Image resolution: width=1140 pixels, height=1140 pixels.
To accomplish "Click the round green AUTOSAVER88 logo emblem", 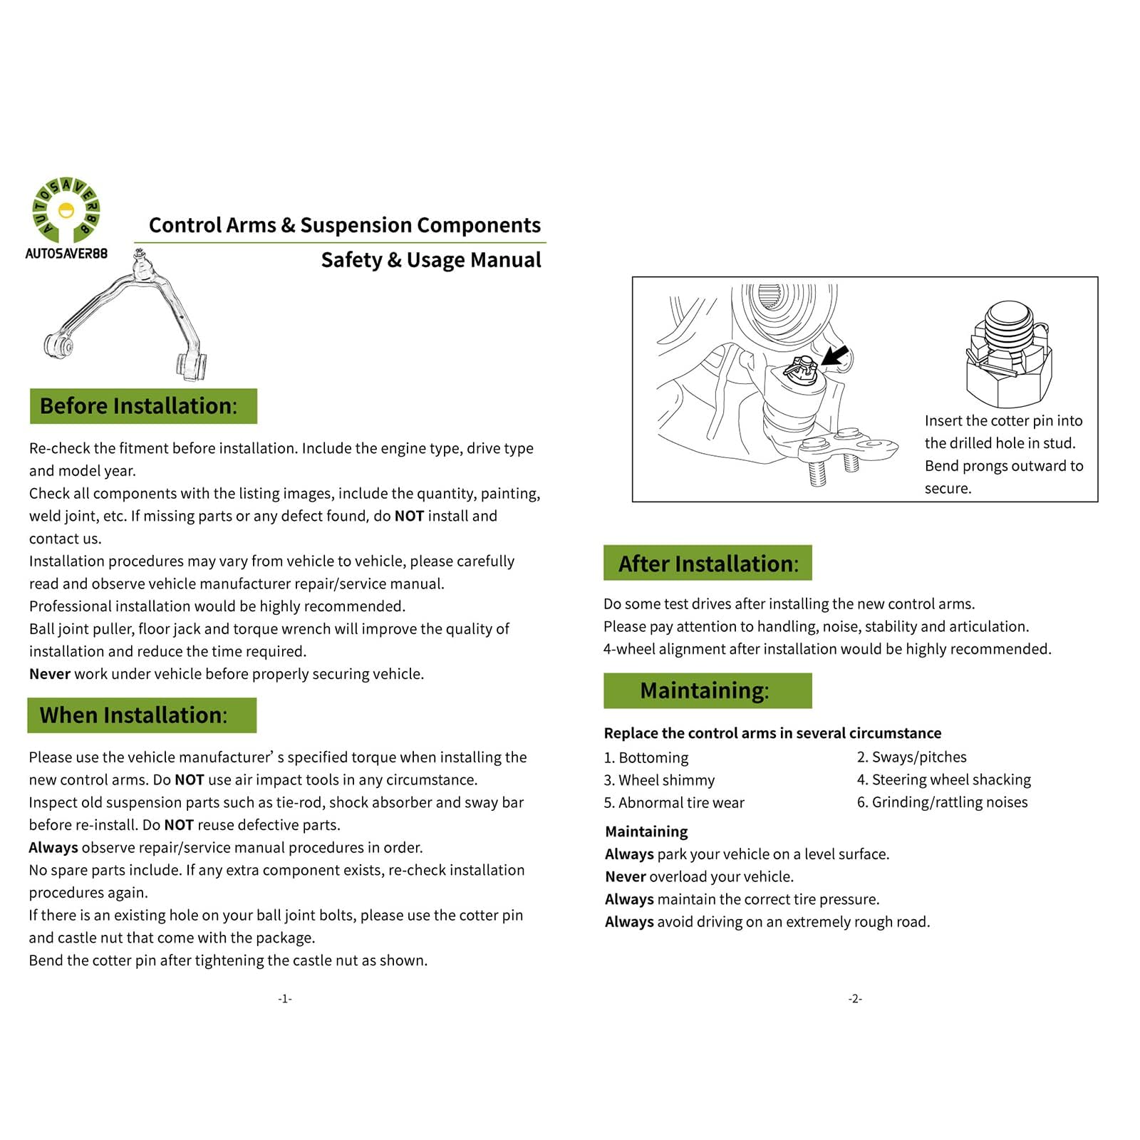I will (66, 210).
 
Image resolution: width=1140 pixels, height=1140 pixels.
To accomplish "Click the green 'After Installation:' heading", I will (708, 564).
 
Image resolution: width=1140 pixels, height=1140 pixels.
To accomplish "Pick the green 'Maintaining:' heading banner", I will (708, 690).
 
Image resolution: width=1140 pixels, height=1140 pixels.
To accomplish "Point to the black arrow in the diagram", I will (834, 355).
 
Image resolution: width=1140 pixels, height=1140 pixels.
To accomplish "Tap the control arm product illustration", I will (128, 317).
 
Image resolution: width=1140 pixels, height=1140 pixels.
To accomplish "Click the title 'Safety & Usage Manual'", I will (430, 260).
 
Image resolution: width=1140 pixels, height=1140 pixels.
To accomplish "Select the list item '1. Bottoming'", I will (646, 757).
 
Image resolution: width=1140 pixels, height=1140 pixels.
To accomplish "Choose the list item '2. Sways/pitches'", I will (911, 757).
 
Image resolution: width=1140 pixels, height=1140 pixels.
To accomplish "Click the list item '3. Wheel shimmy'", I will (659, 780).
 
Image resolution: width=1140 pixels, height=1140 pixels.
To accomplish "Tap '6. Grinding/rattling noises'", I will (942, 802).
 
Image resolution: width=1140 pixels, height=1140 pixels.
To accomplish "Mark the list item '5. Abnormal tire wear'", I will (673, 803).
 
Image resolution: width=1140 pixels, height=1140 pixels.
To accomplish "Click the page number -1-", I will (285, 999).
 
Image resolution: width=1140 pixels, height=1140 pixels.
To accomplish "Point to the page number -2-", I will (855, 999).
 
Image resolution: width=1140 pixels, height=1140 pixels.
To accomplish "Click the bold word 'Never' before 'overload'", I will (625, 877).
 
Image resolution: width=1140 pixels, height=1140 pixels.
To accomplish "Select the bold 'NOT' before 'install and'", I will (409, 516).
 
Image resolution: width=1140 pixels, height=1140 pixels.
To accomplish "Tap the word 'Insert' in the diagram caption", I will (943, 421).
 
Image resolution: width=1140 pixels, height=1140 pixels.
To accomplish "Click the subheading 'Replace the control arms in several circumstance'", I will (772, 733).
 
